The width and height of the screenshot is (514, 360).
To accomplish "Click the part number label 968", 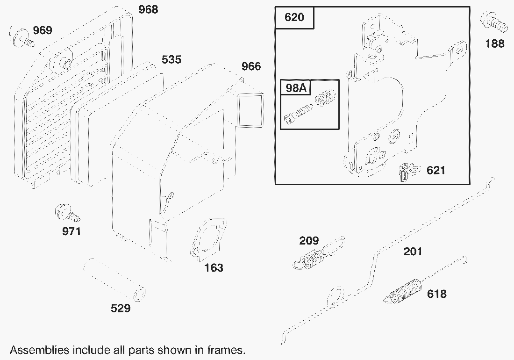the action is [x=148, y=9].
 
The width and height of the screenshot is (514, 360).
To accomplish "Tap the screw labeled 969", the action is [x=21, y=37].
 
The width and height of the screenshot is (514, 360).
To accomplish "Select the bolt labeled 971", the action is [x=67, y=213].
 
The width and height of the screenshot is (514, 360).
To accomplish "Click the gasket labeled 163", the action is [x=209, y=240].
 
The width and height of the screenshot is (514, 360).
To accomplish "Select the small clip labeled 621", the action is [x=408, y=171].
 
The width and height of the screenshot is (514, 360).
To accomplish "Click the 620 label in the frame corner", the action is [x=294, y=17].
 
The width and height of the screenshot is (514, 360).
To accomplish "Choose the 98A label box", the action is [x=296, y=87].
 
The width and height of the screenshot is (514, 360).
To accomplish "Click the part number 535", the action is [x=171, y=60].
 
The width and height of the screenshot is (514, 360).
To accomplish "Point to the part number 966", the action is [x=251, y=66].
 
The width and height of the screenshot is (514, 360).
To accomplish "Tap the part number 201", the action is [x=413, y=252].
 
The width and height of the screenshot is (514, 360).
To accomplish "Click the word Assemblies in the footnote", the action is [x=39, y=350].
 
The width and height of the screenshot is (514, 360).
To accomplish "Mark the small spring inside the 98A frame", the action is [x=325, y=98].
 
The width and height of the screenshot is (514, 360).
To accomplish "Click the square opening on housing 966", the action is [x=250, y=110].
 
